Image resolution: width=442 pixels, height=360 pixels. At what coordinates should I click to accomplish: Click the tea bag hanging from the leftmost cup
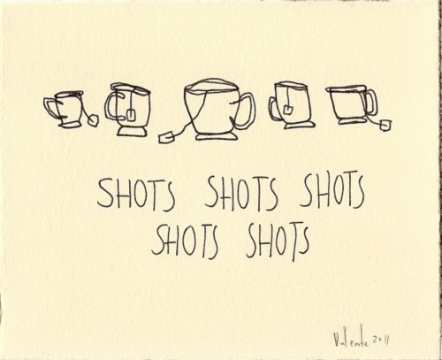click(94, 120)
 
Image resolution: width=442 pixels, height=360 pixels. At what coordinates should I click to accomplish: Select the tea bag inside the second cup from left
click(131, 115)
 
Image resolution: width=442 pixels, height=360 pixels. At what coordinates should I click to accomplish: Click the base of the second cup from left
click(131, 132)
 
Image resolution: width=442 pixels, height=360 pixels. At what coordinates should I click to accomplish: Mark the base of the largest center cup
click(217, 137)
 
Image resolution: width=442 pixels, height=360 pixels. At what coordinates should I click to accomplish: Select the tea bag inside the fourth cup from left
click(287, 111)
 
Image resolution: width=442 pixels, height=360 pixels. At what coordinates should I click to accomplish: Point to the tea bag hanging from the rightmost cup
click(385, 125)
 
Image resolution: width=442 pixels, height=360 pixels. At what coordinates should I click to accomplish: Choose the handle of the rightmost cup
click(372, 103)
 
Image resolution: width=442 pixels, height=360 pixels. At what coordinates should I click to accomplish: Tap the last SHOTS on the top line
click(332, 189)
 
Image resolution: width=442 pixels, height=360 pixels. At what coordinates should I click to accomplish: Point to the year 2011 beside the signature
click(379, 341)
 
